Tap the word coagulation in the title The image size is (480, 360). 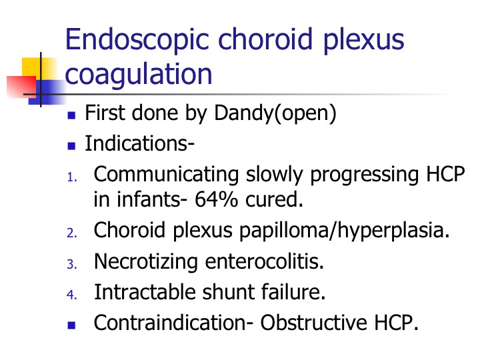(139, 74)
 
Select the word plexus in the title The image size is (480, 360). (363, 41)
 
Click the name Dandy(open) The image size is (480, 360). (275, 113)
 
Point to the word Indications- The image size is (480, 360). (139, 143)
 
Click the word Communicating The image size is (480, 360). (166, 175)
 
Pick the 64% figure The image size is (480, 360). (216, 199)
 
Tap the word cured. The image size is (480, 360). (274, 199)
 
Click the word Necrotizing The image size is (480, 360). (146, 262)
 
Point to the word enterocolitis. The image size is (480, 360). (264, 262)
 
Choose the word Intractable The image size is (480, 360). (145, 292)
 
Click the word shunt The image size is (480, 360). (228, 292)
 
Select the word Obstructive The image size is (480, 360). (313, 323)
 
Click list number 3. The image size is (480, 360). (71, 265)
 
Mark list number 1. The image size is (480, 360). (71, 177)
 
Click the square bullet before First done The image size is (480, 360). (71, 115)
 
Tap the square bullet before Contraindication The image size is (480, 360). (71, 325)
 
